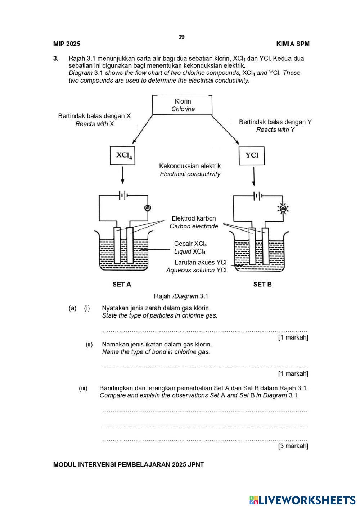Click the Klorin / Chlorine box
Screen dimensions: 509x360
(182, 105)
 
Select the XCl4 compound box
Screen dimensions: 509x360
(122, 155)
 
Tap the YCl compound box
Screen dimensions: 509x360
(252, 155)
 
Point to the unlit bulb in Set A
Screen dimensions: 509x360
(147, 208)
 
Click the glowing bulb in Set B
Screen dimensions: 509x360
(283, 208)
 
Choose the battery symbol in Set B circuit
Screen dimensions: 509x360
(258, 196)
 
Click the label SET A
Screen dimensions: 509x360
(122, 285)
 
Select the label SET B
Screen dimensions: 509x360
(262, 285)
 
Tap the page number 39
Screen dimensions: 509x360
(181, 37)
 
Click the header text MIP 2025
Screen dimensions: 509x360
(67, 44)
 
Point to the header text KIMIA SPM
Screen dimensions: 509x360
(293, 44)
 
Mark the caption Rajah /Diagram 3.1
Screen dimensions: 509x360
(181, 296)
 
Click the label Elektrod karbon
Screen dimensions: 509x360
(194, 218)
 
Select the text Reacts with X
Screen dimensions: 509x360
(94, 124)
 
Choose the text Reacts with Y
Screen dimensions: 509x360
(275, 130)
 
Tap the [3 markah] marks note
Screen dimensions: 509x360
(293, 446)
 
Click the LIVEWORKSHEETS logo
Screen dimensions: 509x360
(302, 500)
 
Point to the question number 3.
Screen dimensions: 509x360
(55, 58)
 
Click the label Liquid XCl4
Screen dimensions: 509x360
(190, 252)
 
